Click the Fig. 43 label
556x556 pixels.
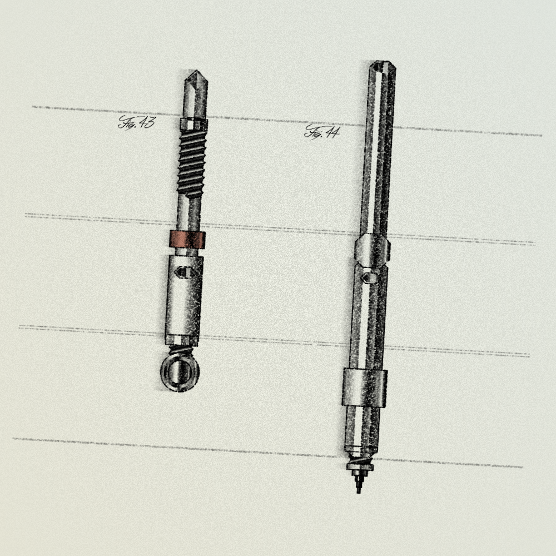point(137,123)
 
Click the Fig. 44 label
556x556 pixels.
point(322,132)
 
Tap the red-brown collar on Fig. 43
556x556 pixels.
point(187,240)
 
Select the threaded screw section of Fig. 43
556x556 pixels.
point(191,164)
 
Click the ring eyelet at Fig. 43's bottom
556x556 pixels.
point(180,373)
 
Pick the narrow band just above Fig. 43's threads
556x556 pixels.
point(193,124)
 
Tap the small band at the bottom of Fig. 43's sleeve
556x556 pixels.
point(182,340)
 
